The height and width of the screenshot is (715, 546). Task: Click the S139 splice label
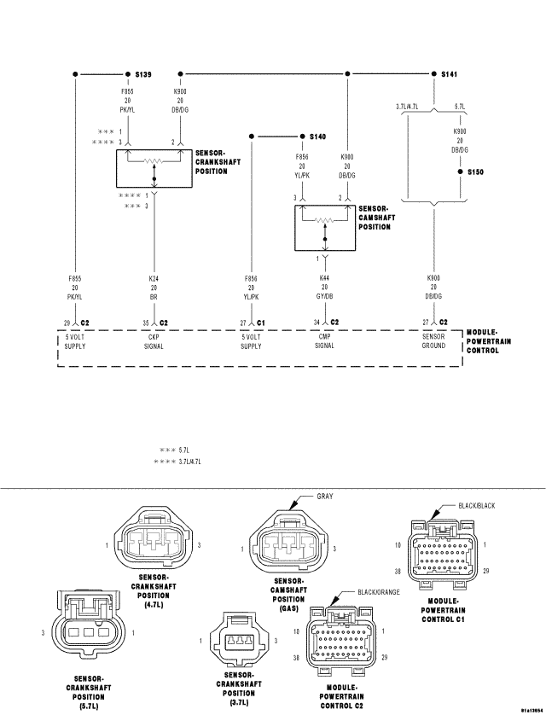[x=142, y=75]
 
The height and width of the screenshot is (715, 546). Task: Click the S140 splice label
[x=318, y=137]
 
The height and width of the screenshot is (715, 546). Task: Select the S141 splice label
[x=449, y=75]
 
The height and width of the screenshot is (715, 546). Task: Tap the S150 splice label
[x=475, y=171]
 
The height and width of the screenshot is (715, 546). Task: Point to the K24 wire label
[x=154, y=278]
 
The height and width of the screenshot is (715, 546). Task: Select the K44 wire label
[x=324, y=278]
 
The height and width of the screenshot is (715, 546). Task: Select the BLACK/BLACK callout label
[x=476, y=505]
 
